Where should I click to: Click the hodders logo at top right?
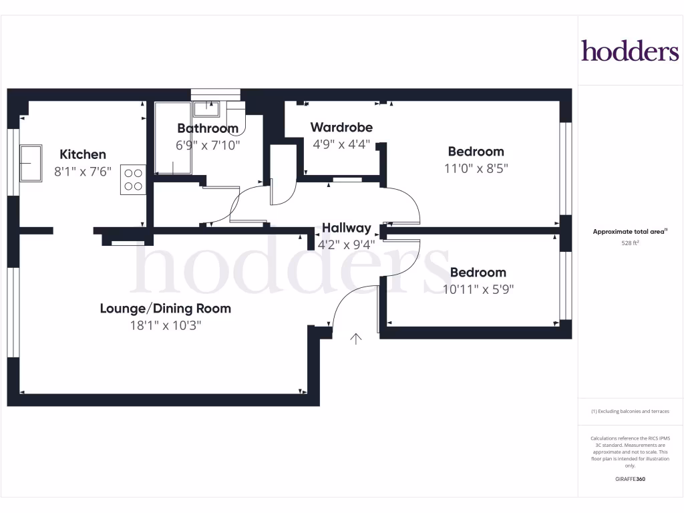(630, 51)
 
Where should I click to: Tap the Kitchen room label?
(83, 154)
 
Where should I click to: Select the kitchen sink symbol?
(30, 163)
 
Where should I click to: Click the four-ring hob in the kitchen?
(133, 179)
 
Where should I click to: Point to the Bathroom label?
(208, 128)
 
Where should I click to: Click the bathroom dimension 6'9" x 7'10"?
(208, 145)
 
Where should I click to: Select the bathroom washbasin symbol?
(206, 108)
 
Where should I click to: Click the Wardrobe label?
(341, 127)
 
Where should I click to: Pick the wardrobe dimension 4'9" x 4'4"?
(341, 144)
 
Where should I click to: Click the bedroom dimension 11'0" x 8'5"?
(476, 168)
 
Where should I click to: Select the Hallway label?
(346, 228)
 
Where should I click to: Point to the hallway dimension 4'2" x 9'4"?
(346, 244)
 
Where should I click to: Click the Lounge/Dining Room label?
(166, 309)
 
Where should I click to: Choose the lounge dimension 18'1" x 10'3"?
(166, 325)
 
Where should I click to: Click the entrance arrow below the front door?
(356, 339)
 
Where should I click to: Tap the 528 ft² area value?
(630, 243)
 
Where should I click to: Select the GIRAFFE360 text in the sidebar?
(630, 479)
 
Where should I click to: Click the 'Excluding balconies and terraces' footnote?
(630, 411)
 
